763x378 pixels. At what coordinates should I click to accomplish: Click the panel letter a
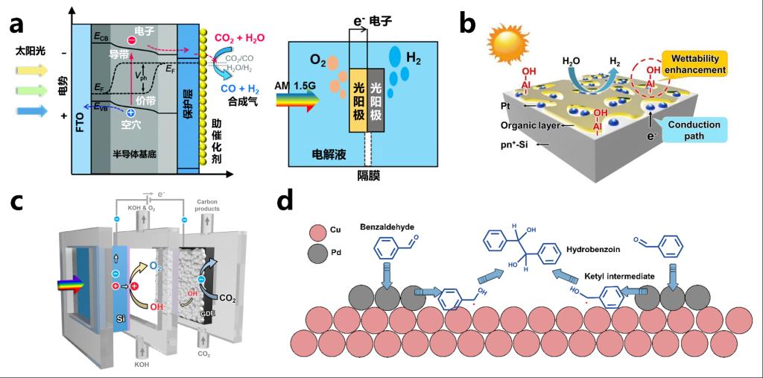(22, 27)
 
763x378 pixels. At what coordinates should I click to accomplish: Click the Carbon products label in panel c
(209, 206)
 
